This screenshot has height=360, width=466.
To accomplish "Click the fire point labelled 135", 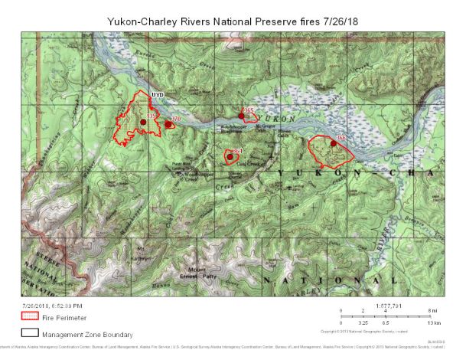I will click(x=143, y=122).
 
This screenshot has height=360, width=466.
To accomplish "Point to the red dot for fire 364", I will click(x=230, y=157).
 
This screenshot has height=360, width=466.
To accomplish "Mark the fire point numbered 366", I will click(x=334, y=143).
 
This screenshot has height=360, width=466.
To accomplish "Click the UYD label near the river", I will click(x=159, y=95).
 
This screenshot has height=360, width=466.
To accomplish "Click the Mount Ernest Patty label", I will click(x=199, y=273).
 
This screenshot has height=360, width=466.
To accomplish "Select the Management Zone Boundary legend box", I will click(x=31, y=334).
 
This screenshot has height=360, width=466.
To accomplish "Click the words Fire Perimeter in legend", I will click(x=64, y=317).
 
